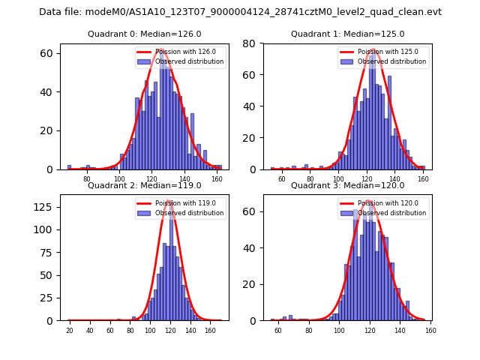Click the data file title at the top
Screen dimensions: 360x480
pos(240,12)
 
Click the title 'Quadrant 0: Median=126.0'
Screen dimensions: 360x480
pos(145,34)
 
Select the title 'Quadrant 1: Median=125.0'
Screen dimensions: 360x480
pos(347,34)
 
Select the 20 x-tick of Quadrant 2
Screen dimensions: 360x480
pos(69,330)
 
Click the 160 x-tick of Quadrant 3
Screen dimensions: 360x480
pos(430,330)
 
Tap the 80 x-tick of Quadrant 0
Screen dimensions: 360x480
pos(87,179)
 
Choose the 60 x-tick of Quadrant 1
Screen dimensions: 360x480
pos(282,179)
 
